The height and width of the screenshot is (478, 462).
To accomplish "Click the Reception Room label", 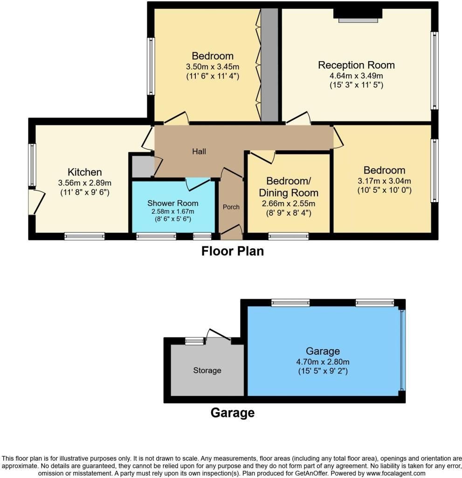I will coord(356,65).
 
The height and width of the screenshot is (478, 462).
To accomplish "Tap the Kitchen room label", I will coord(84,172).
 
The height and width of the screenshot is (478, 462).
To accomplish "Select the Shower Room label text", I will coord(172,203).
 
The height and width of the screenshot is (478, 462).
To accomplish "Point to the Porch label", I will coord(230,207).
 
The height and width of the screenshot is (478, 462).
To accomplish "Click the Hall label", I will coord(199,151).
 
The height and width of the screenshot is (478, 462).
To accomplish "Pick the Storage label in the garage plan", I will coord(207,370).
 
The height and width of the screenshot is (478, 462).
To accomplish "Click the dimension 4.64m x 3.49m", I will coord(356,75).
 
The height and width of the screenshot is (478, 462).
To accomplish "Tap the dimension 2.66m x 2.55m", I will coord(288,203).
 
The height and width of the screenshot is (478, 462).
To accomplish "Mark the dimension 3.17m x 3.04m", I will coord(385,181).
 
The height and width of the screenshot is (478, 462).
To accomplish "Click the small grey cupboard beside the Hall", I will coord(142,167).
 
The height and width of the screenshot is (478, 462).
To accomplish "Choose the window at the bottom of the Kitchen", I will coord(84,236).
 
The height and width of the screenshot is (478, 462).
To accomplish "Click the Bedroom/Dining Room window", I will coord(288,236).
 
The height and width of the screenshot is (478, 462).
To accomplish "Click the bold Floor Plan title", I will coord(232,251).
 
